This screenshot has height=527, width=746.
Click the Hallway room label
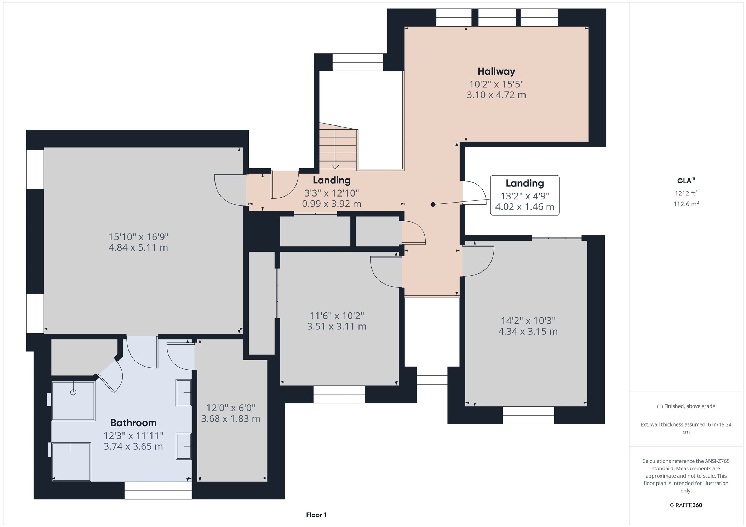[x=496, y=71]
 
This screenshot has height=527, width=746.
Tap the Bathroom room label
[x=133, y=423]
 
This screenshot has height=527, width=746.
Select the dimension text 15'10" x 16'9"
[x=138, y=236]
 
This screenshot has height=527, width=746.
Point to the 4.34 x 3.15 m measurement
[x=528, y=332]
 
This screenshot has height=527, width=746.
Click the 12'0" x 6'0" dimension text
[x=230, y=408]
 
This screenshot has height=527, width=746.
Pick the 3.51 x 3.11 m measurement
[x=337, y=326]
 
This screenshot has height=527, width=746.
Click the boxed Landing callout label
[x=524, y=183]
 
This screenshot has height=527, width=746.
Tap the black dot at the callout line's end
[x=433, y=204]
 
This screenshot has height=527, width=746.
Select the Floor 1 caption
[x=316, y=515]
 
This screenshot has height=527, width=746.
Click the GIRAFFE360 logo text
[x=685, y=505]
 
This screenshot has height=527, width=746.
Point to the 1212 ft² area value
[x=685, y=193]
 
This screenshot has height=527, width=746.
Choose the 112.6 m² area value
[x=685, y=204]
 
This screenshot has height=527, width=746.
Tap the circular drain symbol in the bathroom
[x=73, y=392]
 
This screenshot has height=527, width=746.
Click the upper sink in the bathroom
[x=184, y=392]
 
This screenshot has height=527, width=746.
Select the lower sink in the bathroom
[x=184, y=446]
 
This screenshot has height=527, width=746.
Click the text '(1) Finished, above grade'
[x=685, y=406]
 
